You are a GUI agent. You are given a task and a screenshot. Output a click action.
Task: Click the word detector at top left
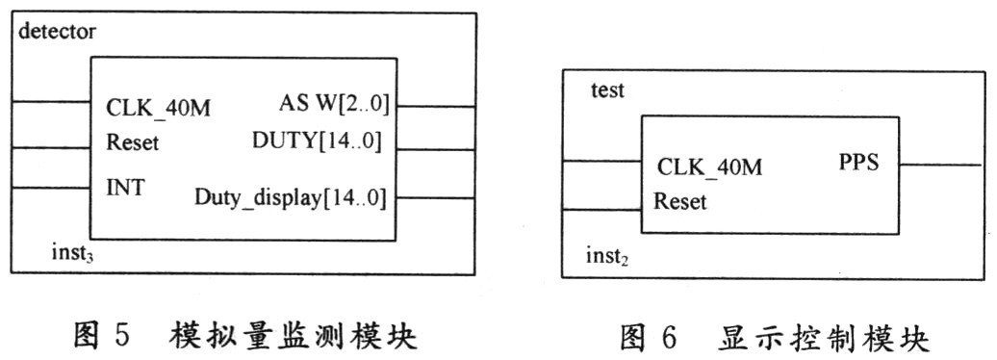click(57, 31)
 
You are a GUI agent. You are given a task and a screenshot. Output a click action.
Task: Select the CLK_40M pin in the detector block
click(159, 109)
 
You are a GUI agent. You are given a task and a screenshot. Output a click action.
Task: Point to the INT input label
click(125, 188)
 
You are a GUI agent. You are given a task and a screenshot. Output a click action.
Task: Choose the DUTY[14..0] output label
click(317, 140)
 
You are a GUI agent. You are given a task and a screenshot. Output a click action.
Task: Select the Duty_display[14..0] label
click(290, 198)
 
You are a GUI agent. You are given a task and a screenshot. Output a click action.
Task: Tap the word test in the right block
click(607, 90)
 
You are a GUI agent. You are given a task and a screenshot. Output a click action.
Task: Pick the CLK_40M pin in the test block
click(709, 167)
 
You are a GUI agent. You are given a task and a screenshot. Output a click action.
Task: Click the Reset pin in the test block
click(679, 201)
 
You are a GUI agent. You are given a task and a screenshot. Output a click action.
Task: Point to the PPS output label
click(858, 163)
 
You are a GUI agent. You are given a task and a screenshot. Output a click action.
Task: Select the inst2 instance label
click(607, 257)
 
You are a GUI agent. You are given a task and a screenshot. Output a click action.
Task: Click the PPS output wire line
click(940, 166)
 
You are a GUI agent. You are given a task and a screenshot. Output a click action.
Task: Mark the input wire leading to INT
click(51, 188)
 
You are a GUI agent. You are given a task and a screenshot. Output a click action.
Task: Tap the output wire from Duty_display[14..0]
click(436, 198)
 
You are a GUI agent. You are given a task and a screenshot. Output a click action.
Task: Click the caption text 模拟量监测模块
click(294, 335)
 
